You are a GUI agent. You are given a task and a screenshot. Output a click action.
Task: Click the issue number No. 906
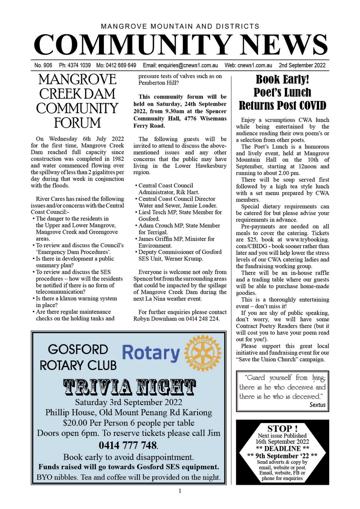coord(43,65)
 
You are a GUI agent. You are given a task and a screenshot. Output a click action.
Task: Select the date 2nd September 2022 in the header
coord(302,65)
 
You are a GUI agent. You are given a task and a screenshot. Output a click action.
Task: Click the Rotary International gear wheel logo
coord(203,353)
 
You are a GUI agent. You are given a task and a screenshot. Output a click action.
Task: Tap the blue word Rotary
coord(151,353)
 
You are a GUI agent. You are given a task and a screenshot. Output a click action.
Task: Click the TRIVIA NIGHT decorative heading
coord(129,387)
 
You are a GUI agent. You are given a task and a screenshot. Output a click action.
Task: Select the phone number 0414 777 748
coord(128,445)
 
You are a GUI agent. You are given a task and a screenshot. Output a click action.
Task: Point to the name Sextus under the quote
coord(317,405)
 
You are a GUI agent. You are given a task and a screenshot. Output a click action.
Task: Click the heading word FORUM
coord(77,123)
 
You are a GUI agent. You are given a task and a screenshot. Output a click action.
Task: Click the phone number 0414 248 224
coord(203,319)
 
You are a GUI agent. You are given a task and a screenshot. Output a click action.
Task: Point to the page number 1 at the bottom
coord(180,491)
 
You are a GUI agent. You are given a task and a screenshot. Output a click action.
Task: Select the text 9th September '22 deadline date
coord(282,456)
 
